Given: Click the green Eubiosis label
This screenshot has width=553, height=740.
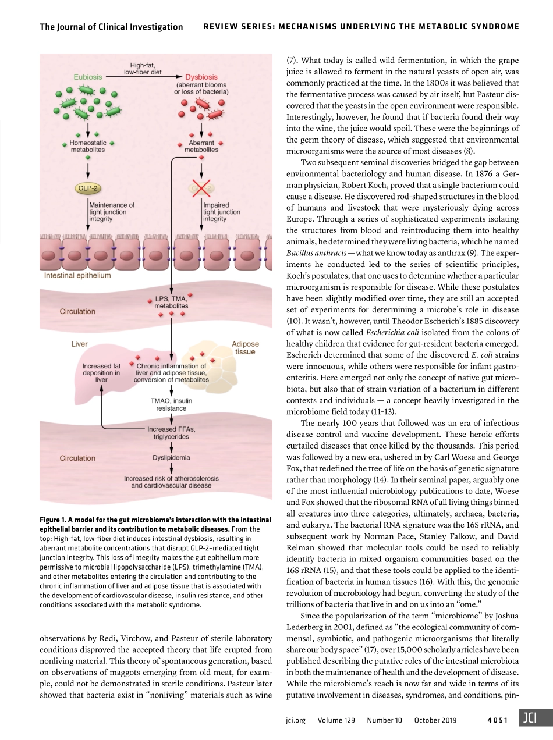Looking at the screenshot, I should (x=88, y=76).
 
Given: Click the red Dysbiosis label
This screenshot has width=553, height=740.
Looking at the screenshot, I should (x=201, y=77).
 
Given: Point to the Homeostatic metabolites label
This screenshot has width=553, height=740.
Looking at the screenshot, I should (x=87, y=146).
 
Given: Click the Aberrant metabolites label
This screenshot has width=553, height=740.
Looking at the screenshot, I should (x=201, y=146).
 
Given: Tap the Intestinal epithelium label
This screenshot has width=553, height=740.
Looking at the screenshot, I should (x=77, y=275).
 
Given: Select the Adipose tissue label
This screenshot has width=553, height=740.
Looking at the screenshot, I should (x=246, y=348).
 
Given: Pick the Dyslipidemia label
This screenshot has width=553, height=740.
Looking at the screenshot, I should (x=171, y=458).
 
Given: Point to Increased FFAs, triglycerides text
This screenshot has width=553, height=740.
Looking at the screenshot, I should (x=171, y=433).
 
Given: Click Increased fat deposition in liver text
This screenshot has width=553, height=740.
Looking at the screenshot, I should (x=101, y=373).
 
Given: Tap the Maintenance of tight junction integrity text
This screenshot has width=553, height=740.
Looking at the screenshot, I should (x=111, y=212).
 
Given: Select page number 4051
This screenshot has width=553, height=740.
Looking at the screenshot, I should (x=498, y=720).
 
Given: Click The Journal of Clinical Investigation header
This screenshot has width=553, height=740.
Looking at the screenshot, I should (x=111, y=27).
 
